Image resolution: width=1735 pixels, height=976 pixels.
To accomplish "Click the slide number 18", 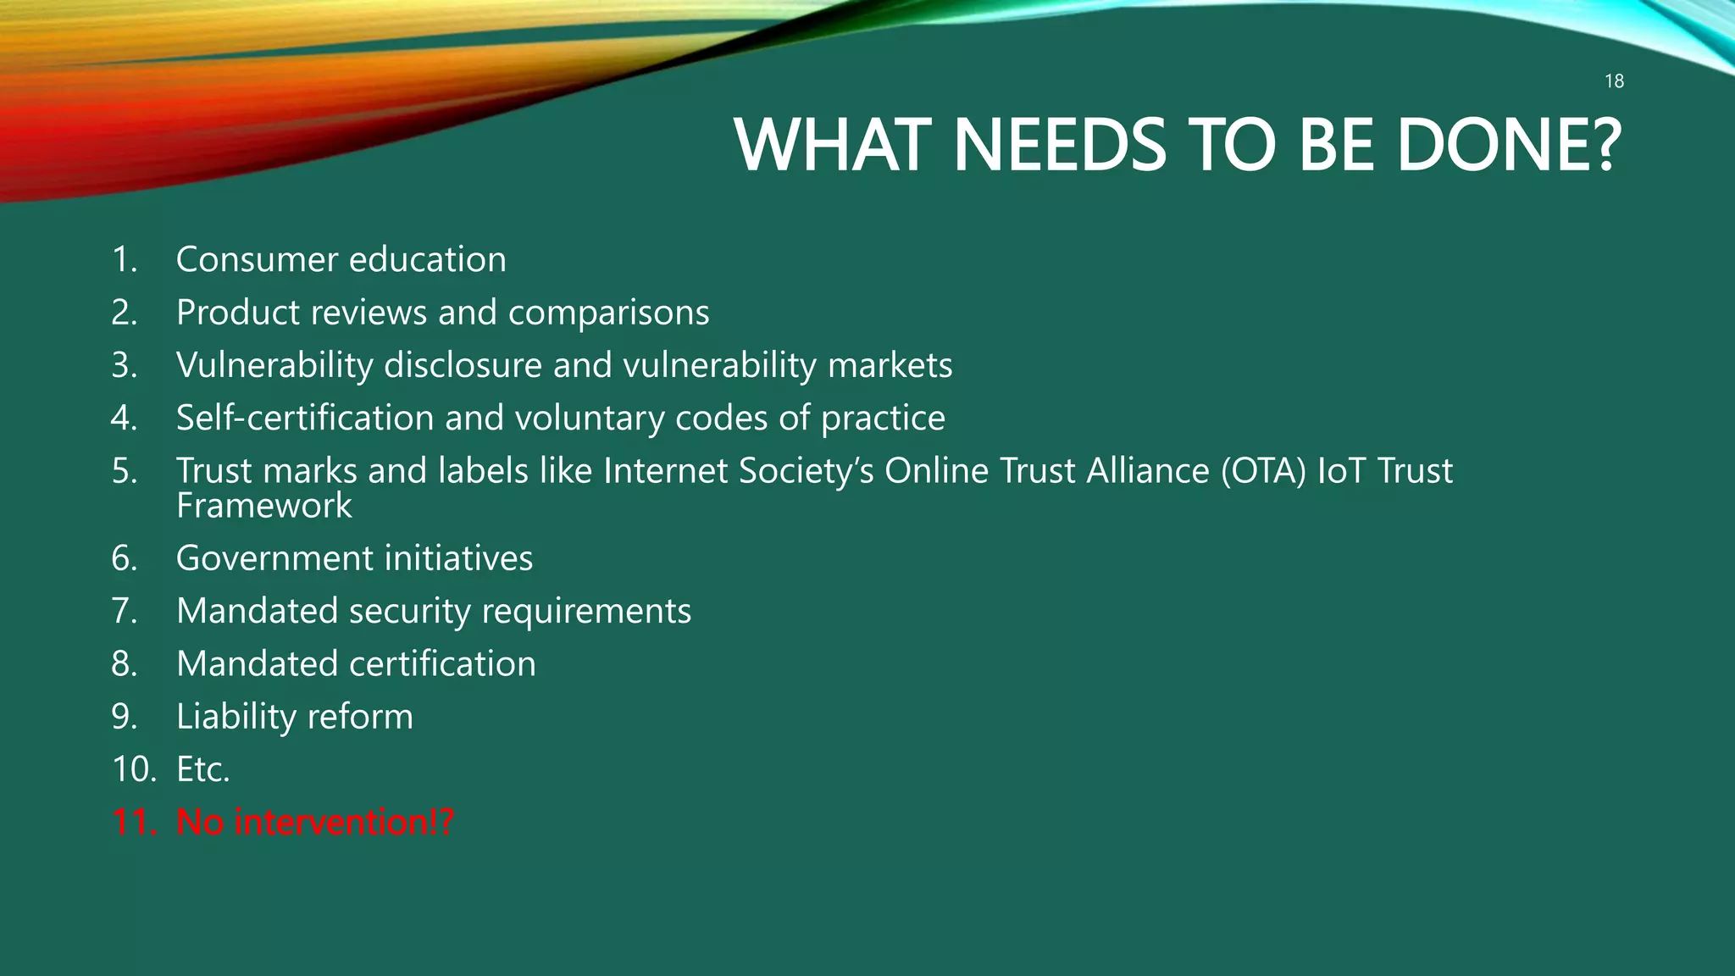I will pos(1614,81).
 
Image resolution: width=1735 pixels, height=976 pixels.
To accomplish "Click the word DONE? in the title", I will pos(1509,145).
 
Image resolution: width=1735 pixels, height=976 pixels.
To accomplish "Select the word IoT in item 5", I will pos(1341,471).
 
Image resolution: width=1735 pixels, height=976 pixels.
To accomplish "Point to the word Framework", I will pos(263,506).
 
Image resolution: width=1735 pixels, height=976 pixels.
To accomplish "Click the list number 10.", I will pos(134,769).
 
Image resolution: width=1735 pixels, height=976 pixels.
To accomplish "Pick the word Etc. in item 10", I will pos(203,769).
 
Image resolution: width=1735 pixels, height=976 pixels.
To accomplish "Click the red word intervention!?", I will pos(344,822).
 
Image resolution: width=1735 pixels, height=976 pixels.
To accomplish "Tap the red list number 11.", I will pos(134,822).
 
